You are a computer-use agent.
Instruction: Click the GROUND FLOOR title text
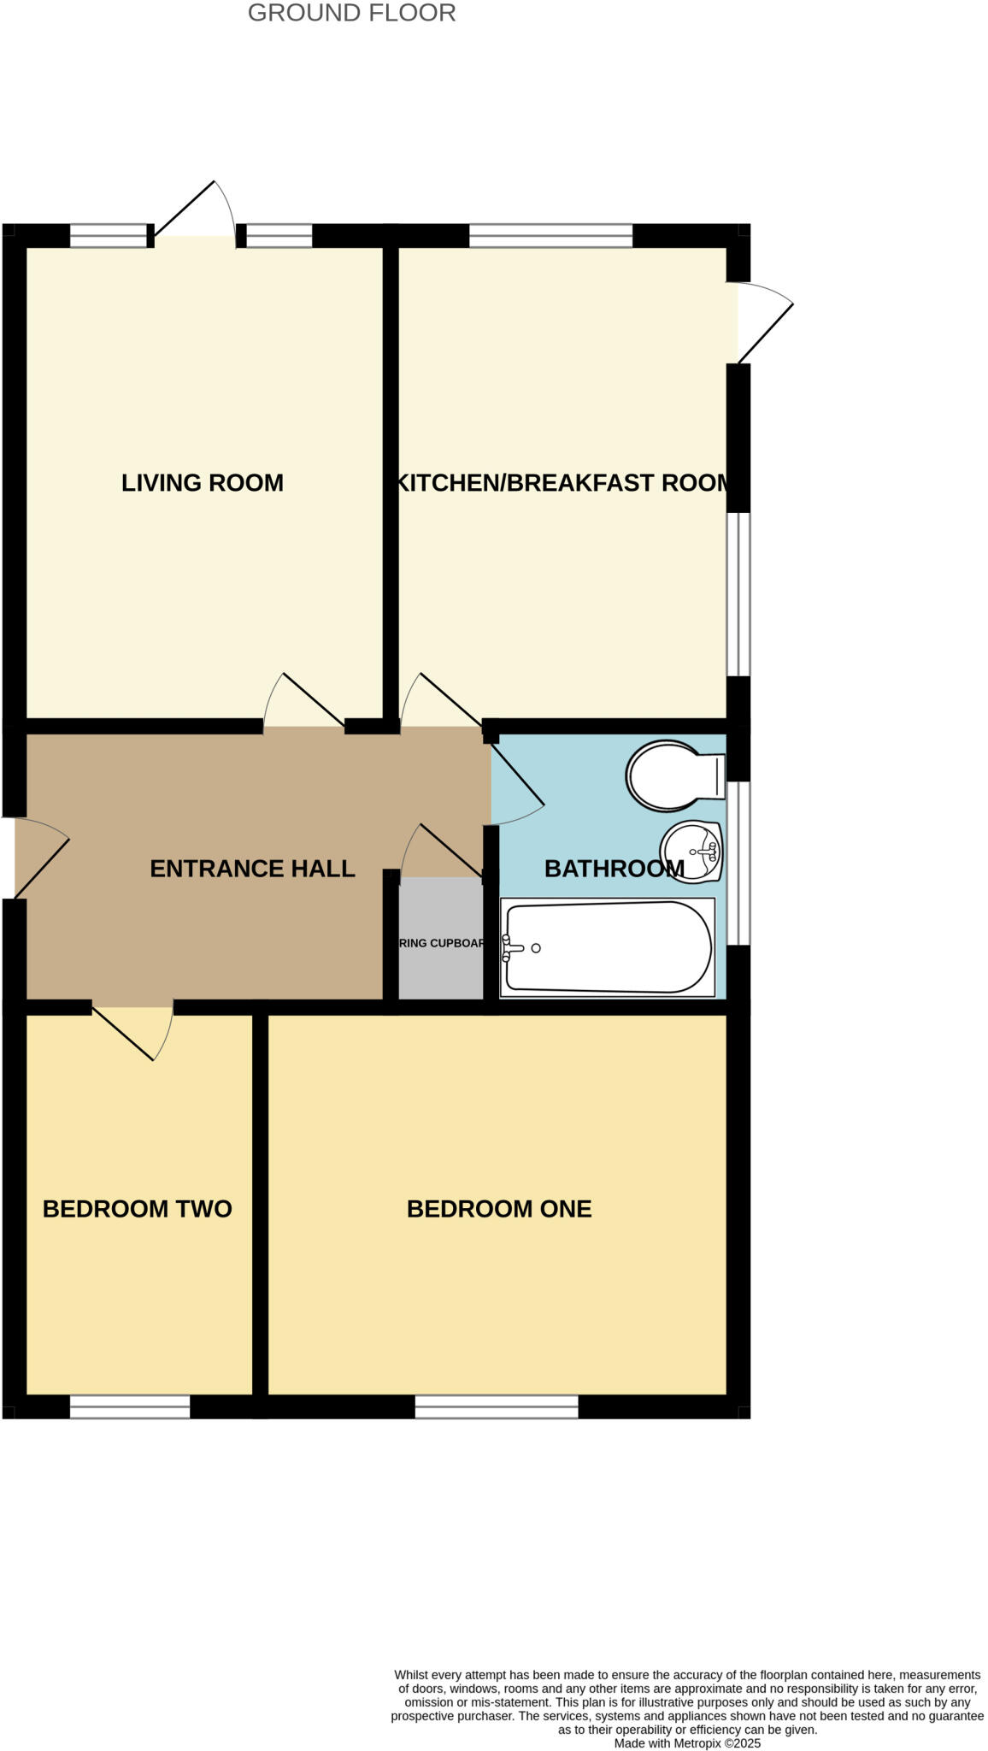(351, 13)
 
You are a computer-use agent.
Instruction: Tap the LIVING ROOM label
(202, 483)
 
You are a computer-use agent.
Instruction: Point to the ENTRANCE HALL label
(252, 869)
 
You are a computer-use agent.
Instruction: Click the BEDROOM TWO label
(137, 1209)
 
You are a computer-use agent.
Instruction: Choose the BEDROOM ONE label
(499, 1209)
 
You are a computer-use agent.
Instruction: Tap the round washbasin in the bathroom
(692, 851)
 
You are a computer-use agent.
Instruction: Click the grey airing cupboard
(441, 940)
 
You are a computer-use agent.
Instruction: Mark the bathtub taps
(510, 947)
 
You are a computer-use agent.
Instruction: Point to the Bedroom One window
(497, 1406)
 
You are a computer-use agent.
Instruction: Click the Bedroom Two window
(129, 1406)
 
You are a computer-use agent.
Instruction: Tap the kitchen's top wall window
(550, 236)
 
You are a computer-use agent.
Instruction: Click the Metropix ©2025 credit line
(687, 1743)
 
